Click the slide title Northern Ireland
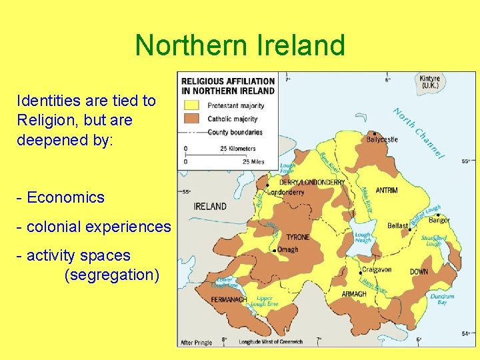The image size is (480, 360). click(240, 45)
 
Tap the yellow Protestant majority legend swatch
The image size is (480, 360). click(192, 105)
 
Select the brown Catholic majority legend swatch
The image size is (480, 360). click(192, 119)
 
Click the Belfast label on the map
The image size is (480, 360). click(398, 226)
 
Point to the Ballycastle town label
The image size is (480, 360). click(382, 139)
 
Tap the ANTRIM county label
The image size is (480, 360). click(387, 190)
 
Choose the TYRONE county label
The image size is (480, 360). click(297, 237)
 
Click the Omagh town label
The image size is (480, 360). click(288, 250)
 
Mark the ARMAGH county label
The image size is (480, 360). click(354, 294)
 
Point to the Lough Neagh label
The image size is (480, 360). click(363, 238)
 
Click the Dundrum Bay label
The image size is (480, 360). click(442, 300)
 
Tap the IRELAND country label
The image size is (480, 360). click(210, 206)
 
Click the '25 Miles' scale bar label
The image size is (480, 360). click(253, 161)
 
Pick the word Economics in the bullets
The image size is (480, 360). click(65, 197)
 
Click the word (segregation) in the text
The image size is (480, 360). click(111, 275)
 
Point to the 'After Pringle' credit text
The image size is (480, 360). click(197, 343)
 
